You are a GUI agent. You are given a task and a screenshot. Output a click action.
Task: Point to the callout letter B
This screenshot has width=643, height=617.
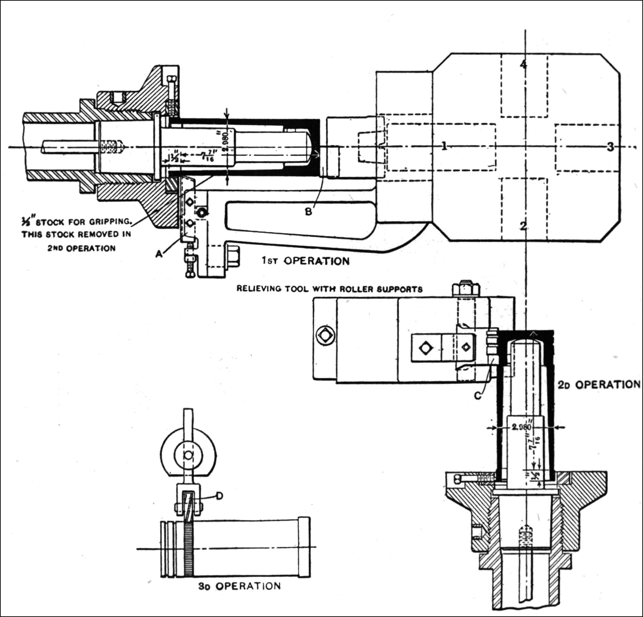(308, 212)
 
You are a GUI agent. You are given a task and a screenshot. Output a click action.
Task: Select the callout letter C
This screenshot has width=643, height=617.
(478, 395)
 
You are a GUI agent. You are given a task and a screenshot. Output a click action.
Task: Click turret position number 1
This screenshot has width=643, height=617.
(444, 146)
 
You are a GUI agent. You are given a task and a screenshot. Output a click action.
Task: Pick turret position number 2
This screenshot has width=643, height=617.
(523, 226)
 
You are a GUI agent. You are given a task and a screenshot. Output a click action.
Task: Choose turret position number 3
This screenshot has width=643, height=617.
(610, 147)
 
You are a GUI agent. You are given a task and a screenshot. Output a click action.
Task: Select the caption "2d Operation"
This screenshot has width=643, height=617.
(599, 384)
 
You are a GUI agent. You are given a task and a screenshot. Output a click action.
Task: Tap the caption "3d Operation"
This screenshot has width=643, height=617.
(239, 586)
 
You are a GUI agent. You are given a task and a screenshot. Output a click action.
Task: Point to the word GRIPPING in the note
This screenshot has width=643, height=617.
(110, 222)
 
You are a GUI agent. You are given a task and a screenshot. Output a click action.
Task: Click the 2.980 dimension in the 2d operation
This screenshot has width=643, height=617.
(522, 427)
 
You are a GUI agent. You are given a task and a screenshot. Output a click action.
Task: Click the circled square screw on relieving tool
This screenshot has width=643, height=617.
(325, 336)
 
